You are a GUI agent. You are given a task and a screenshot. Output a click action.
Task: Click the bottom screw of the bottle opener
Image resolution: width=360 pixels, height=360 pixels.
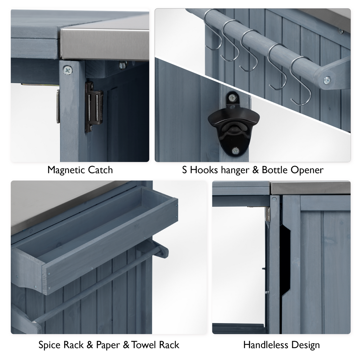click(x=235, y=151)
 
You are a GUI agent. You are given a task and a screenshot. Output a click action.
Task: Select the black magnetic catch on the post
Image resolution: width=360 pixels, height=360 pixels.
click(x=94, y=107)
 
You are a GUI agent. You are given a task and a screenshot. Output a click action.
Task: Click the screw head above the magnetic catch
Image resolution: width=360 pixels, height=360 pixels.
click(x=67, y=70)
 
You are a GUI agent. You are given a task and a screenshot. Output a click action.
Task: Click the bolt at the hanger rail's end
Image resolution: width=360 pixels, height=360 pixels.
click(x=327, y=80)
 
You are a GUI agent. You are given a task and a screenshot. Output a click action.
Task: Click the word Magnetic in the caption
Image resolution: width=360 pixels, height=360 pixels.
click(x=66, y=170)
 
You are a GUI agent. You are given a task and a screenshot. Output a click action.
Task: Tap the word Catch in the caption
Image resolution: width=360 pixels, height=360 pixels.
click(x=100, y=170)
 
